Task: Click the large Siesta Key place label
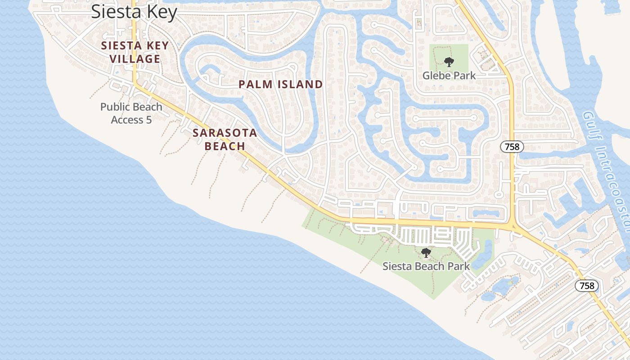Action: click(x=134, y=12)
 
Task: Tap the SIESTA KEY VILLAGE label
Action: click(x=135, y=52)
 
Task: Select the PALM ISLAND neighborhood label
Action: click(x=280, y=85)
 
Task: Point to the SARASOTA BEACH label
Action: click(x=225, y=139)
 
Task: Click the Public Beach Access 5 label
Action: click(x=131, y=113)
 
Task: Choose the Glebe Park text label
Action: click(x=449, y=76)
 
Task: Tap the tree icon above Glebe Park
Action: click(x=449, y=62)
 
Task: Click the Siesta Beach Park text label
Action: click(x=426, y=266)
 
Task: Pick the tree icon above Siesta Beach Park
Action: click(x=426, y=253)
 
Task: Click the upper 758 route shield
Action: click(x=512, y=147)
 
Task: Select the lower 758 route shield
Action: click(x=587, y=286)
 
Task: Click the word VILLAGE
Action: click(x=135, y=59)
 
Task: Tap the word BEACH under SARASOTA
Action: click(x=225, y=146)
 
